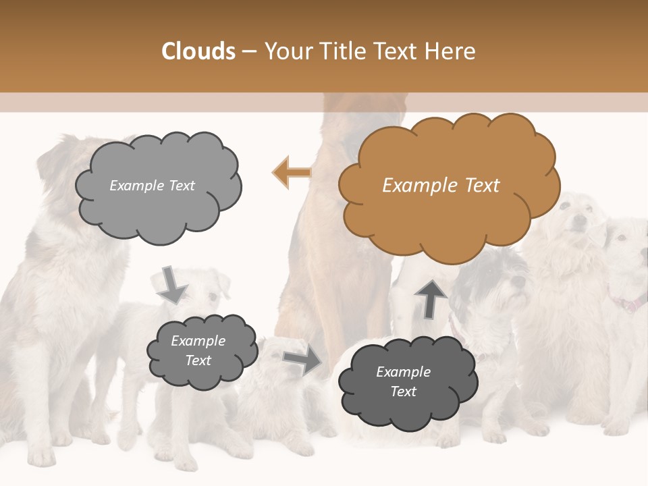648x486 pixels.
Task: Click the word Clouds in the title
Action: pos(198,51)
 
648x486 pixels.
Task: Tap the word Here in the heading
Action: pos(451,51)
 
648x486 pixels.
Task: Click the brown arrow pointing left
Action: pos(292,173)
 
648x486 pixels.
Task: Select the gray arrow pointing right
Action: pos(303,360)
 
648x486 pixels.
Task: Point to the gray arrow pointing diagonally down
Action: pos(173,285)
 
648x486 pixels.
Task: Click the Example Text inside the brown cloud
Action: pos(441,186)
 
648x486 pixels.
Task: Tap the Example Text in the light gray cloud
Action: pos(153,186)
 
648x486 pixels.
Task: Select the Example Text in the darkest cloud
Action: pos(404,381)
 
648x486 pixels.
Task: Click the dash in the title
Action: pos(249,51)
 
